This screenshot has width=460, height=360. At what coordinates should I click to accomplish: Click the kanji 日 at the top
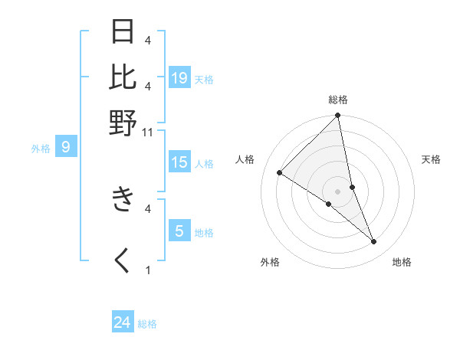click(123, 32)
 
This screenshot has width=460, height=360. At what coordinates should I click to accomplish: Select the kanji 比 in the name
click(123, 77)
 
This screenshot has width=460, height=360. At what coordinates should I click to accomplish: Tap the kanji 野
click(123, 123)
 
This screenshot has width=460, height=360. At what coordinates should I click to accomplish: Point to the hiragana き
click(123, 200)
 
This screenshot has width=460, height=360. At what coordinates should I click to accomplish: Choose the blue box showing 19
click(179, 78)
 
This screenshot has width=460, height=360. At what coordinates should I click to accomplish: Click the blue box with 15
click(179, 162)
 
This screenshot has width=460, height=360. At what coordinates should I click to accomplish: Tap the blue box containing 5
click(179, 231)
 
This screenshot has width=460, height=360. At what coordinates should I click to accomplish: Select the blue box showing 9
click(65, 147)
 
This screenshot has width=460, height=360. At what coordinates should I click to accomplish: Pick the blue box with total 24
click(123, 323)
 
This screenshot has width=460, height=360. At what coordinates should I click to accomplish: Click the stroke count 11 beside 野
click(149, 132)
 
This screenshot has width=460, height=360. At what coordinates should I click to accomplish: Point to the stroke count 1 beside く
click(148, 270)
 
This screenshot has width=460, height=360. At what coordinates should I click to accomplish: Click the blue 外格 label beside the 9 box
click(41, 149)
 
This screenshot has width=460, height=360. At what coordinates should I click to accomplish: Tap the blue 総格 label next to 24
click(147, 324)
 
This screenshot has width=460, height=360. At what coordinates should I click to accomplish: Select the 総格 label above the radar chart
click(338, 100)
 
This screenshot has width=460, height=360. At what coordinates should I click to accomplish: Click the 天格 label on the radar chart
click(432, 159)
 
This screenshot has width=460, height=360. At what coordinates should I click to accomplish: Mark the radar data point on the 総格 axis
click(338, 116)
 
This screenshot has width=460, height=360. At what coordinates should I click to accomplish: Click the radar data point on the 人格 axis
click(280, 173)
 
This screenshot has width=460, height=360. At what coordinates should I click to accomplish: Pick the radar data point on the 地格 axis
click(374, 242)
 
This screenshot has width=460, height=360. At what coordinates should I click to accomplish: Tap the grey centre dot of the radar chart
click(338, 191)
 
